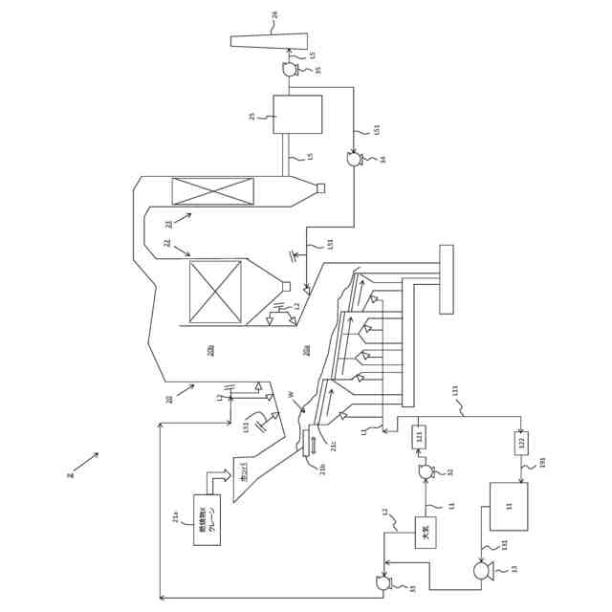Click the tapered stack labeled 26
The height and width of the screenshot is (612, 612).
coord(270,41)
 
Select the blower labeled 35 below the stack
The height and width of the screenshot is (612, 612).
coord(290,69)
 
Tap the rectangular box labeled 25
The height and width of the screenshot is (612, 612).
coord(297,114)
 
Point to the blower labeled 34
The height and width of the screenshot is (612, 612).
coord(354,160)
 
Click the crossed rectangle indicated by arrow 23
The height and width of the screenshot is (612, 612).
coord(213,191)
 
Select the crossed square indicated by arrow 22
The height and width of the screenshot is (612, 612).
coord(215,292)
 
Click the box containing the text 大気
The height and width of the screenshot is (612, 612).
coord(426,533)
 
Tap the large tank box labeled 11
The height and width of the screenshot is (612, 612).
coord(509,506)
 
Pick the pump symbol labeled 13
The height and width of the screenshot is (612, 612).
coord(483,571)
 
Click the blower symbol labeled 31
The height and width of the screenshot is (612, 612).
coord(383,582)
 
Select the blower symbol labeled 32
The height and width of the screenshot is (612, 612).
coord(426,471)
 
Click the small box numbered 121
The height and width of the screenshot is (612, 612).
coord(419,437)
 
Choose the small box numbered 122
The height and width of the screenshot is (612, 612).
coord(521,443)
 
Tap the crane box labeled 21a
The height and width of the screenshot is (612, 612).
coord(207,520)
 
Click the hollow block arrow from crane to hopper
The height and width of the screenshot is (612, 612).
coord(219,477)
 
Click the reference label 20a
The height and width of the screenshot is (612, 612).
coord(307,350)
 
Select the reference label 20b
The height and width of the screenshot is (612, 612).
coord(211,350)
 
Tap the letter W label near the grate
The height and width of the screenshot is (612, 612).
coord(291,394)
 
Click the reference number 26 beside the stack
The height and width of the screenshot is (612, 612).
coord(302,14)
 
